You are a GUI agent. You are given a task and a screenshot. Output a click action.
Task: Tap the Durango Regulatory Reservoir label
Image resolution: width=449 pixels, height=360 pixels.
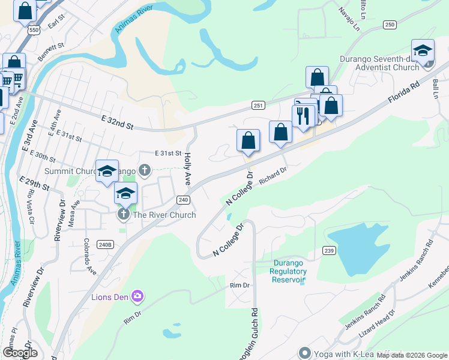[x=290, y=271]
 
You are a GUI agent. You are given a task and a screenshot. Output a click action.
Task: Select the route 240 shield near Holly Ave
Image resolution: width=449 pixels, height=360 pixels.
[x=183, y=200]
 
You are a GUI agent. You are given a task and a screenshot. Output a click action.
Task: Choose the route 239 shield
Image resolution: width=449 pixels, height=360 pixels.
[x=328, y=250]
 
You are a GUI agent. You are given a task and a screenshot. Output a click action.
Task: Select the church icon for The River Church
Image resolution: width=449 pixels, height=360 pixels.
[x=123, y=214]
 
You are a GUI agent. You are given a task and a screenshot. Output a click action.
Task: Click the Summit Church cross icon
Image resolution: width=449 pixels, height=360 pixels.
[x=144, y=170]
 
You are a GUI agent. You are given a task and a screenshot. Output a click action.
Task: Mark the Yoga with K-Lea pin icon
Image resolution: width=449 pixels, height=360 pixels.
[x=304, y=353]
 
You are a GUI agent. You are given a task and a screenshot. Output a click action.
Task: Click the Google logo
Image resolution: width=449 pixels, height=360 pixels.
[x=20, y=352]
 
